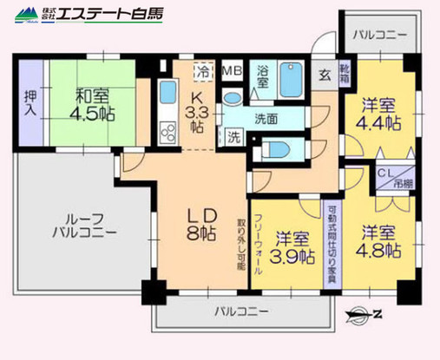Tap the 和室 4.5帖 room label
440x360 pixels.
tap(80, 102)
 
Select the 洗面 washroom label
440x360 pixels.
tap(266, 119)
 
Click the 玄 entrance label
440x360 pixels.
tap(323, 75)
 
